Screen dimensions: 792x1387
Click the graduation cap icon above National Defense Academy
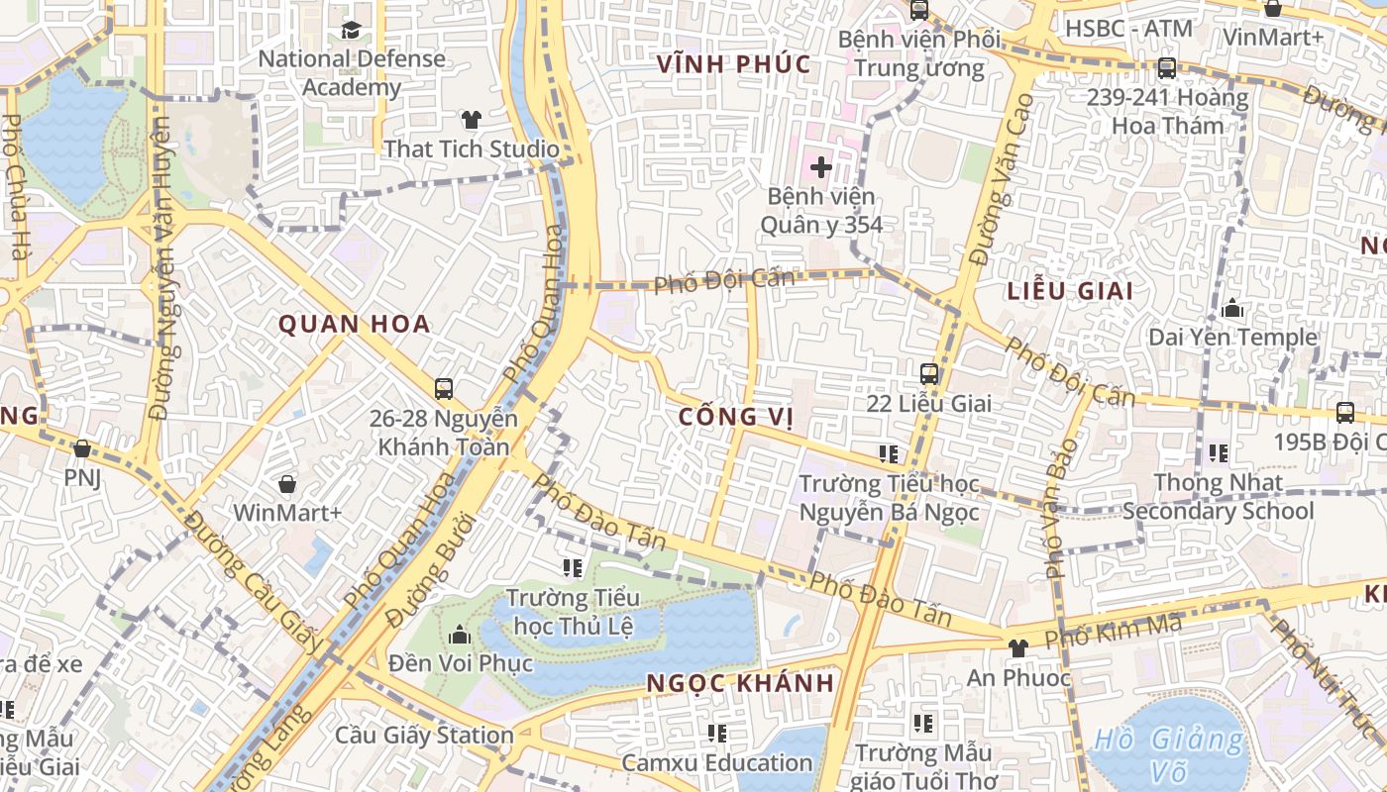click(351, 30)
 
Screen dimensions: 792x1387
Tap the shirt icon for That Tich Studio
click(471, 120)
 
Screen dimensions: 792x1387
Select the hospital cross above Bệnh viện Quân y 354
click(820, 167)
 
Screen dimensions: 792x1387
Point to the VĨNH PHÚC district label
click(734, 65)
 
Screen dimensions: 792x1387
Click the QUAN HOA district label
click(354, 324)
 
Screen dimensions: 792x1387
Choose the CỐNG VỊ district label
click(736, 417)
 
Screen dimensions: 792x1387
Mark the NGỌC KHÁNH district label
click(740, 683)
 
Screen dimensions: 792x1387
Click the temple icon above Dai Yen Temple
click(1232, 309)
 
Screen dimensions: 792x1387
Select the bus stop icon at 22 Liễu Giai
click(929, 374)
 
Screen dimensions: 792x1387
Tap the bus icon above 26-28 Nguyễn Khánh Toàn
click(443, 389)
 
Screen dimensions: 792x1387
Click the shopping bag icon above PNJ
click(82, 449)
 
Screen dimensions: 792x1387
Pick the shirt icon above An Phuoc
click(1017, 648)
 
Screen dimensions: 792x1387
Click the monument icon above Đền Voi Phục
click(460, 635)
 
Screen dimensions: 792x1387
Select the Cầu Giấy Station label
click(424, 736)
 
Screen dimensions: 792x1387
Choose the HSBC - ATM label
click(1128, 29)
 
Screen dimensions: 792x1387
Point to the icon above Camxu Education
click(717, 734)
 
